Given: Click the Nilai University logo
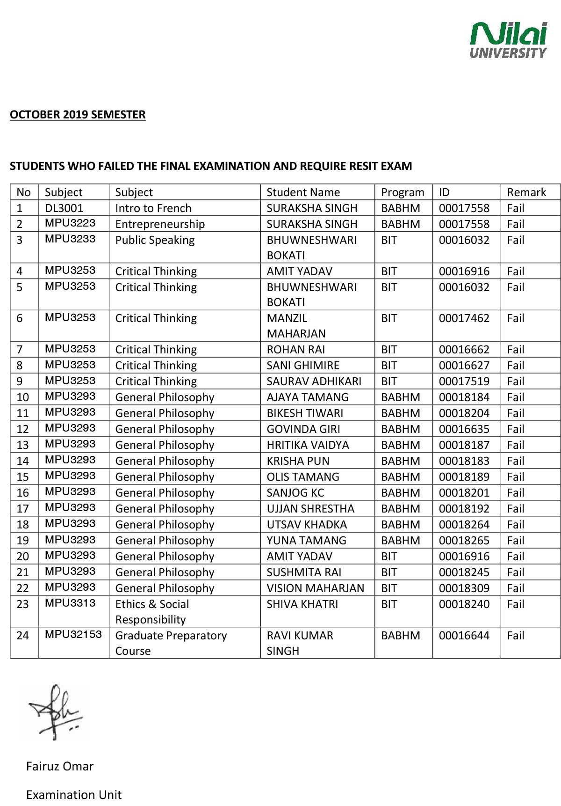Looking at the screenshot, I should pyautogui.click(x=508, y=40).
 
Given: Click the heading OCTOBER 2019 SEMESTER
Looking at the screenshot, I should pyautogui.click(x=78, y=115).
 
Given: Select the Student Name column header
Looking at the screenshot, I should pyautogui.click(x=303, y=192).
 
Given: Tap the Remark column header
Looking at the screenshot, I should pyautogui.click(x=526, y=192).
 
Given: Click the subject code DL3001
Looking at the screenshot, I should pyautogui.click(x=64, y=208).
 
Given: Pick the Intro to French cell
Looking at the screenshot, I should pyautogui.click(x=153, y=208).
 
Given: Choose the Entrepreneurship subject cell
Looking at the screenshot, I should pyautogui.click(x=160, y=224).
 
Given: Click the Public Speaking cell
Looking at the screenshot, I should pyautogui.click(x=155, y=240).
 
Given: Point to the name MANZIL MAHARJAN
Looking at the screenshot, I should pyautogui.click(x=296, y=326).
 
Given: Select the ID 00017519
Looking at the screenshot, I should pyautogui.click(x=464, y=381).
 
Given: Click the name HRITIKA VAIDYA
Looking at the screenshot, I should pyautogui.click(x=308, y=445).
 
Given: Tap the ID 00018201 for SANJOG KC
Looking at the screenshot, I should pyautogui.click(x=464, y=493).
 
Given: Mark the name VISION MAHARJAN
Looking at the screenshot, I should pyautogui.click(x=315, y=588).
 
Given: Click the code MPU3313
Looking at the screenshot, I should pyautogui.click(x=70, y=603).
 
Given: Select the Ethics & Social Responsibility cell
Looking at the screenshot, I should pyautogui.click(x=152, y=612).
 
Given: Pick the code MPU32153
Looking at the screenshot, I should pyautogui.click(x=73, y=635).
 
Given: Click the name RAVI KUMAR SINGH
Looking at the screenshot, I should pyautogui.click(x=300, y=643).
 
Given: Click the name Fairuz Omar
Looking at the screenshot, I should pyautogui.click(x=60, y=766).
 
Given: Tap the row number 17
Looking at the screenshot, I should pyautogui.click(x=22, y=509).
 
